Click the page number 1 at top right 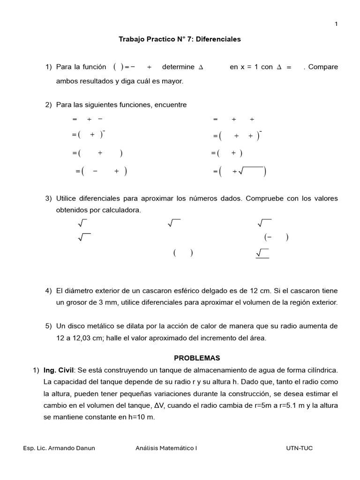336,24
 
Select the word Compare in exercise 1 323,67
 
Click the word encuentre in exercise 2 171,105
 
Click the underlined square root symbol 262,253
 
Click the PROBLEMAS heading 197,358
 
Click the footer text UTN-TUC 299,448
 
